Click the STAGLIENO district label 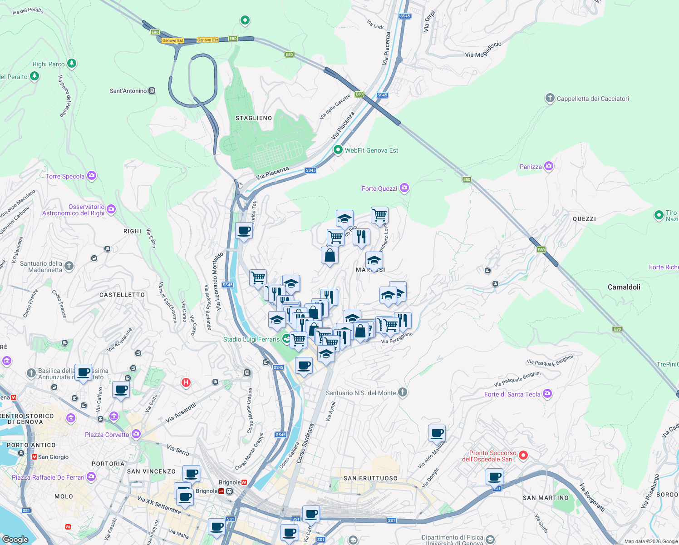tap(254, 118)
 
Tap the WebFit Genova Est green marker tap(338, 150)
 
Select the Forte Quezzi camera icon tap(404, 188)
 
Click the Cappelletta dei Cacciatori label tap(592, 99)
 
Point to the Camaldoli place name tap(624, 287)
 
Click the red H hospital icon tap(186, 382)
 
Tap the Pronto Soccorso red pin tap(523, 455)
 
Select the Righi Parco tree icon tap(71, 63)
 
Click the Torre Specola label tap(65, 176)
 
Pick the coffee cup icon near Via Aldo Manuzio tap(437, 433)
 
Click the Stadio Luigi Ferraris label tap(251, 339)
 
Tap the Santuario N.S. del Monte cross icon tap(402, 392)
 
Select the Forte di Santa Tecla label tap(512, 394)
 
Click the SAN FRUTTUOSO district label tap(370, 478)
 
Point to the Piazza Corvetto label tap(107, 435)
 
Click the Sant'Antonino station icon tap(152, 91)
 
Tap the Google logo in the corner tap(15, 539)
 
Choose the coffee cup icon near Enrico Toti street tap(244, 231)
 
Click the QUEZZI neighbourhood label tap(584, 219)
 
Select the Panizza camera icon tap(549, 166)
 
